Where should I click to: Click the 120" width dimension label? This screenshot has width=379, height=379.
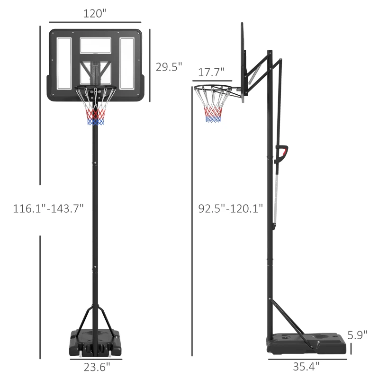coord(95,14)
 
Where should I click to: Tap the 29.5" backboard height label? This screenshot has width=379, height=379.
coord(169,67)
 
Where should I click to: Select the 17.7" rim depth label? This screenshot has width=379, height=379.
coord(211,72)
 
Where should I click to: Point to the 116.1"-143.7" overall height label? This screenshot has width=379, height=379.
coord(42,208)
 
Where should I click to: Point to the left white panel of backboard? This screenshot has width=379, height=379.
coord(64,63)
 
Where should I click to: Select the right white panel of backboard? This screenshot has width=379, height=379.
coord(127,63)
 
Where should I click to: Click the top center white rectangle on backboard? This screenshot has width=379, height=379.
coord(95,45)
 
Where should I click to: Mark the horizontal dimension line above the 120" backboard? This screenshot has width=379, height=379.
coord(95,22)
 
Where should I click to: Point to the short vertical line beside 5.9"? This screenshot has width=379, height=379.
coord(351,349)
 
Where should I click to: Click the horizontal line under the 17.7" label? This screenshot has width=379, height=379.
coord(212,81)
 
